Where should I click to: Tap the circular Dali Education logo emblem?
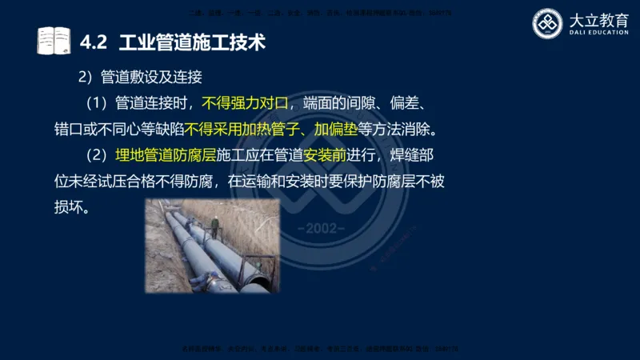click(548, 23)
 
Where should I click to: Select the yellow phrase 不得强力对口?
click(243, 103)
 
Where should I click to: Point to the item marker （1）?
click(97, 103)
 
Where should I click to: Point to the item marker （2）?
click(97, 154)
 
